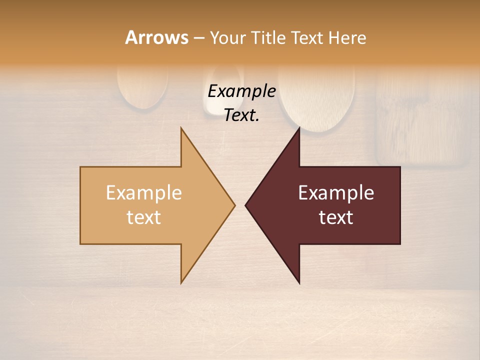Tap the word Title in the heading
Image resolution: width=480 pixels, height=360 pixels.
click(269, 38)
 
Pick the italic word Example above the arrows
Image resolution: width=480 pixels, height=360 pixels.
click(242, 91)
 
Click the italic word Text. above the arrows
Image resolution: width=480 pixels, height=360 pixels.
click(242, 115)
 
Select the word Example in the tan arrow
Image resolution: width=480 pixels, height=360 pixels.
click(144, 192)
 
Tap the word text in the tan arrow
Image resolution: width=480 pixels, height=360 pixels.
click(144, 217)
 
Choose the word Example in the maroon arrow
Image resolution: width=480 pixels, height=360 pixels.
click(336, 192)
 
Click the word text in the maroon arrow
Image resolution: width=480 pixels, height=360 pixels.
click(336, 217)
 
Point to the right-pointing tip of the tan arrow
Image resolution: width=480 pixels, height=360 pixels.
click(234, 205)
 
